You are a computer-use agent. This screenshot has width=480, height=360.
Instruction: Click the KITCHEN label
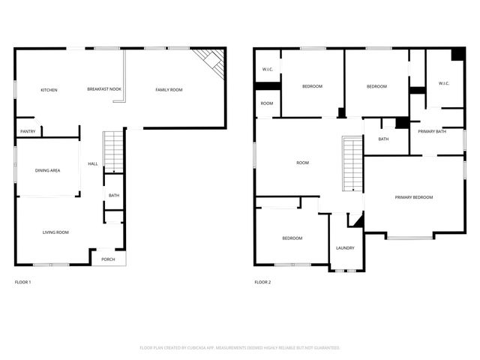coord(49,90)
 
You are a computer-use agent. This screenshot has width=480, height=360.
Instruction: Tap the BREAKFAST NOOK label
coord(104,89)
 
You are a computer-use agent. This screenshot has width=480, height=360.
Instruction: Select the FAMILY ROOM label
coord(169,90)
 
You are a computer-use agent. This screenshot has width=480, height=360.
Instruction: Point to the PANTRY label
coord(28,131)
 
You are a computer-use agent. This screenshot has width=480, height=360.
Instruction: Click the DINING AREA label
coord(47,170)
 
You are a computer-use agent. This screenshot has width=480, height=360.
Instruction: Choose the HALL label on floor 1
coord(93,163)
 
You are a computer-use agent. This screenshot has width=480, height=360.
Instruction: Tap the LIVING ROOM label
coord(55,232)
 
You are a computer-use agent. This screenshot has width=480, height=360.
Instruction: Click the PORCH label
coord(108,259)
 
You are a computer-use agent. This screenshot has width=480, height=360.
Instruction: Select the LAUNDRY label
coord(345,248)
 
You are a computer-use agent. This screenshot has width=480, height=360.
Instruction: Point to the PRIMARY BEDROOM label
coord(414,197)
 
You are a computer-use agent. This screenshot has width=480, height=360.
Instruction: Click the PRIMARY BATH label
coord(432,131)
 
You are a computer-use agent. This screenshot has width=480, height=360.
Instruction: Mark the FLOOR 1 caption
coord(23,282)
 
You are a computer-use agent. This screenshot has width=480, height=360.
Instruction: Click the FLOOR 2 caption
coord(262,282)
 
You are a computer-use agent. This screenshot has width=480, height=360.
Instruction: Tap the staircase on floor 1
coord(113,150)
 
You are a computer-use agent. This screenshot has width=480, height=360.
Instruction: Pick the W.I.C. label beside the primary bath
coord(443,83)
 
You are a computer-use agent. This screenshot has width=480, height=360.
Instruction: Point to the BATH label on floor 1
coord(113,196)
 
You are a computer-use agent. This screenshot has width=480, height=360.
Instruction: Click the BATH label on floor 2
coord(383,139)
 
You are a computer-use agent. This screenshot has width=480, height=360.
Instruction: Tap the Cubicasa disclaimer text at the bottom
coord(240,347)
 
